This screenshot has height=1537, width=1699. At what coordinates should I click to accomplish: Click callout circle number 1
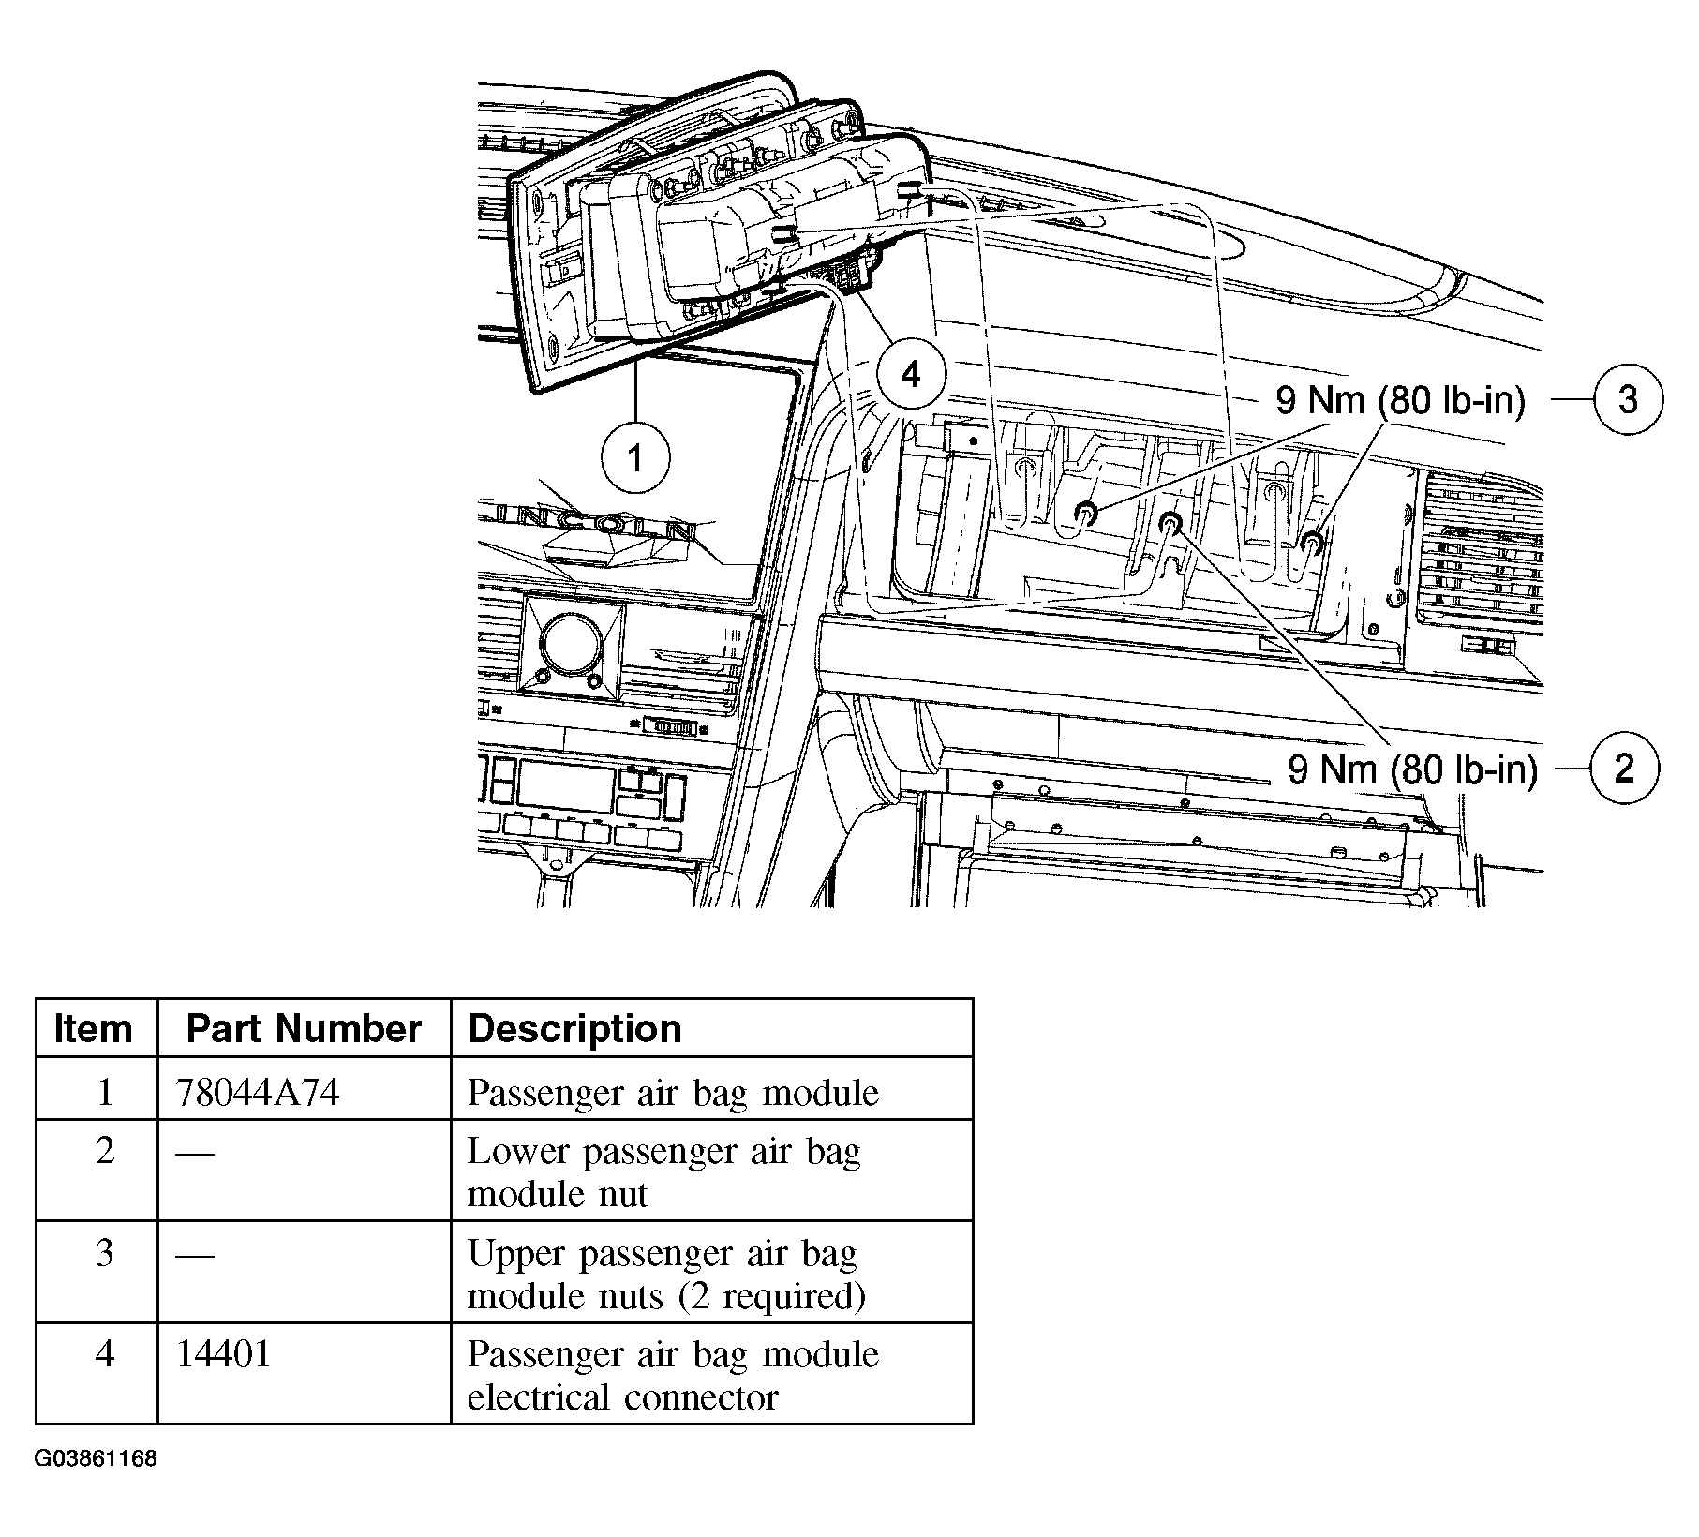636,459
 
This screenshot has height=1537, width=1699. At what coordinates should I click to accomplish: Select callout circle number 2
1625,769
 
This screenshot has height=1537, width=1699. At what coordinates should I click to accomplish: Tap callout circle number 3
1629,400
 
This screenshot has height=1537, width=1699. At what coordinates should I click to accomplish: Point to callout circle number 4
911,375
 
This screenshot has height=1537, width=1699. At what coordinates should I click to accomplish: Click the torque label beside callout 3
1400,401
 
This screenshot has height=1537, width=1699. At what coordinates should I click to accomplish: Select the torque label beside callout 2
1413,770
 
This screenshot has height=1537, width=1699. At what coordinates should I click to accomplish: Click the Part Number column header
304,1029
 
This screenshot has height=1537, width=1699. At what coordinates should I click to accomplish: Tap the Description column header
574,1029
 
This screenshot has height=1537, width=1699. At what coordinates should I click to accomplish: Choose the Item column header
93,1029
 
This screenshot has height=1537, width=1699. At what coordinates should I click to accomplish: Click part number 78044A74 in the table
258,1093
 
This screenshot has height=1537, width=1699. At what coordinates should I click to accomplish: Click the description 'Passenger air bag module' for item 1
673,1093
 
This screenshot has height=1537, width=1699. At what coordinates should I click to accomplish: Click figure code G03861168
97,1459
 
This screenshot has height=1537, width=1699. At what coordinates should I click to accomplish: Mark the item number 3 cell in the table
105,1253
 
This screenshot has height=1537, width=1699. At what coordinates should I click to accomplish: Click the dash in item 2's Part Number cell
195,1152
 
